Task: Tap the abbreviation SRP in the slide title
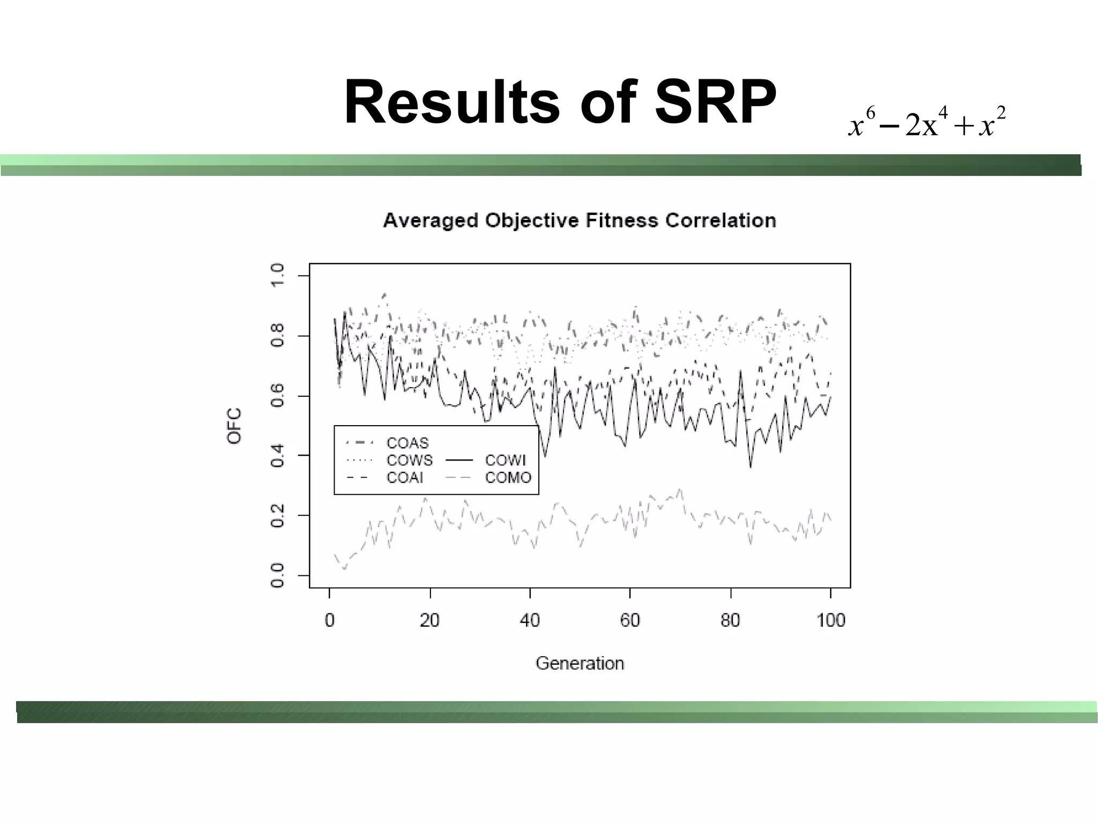click(x=715, y=102)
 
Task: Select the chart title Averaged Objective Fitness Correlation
click(x=580, y=220)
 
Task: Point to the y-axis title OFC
click(x=234, y=426)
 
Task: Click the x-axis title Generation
click(x=580, y=663)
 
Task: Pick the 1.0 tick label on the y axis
click(x=277, y=275)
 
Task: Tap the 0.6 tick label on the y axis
click(x=277, y=396)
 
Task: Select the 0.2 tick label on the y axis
click(x=277, y=515)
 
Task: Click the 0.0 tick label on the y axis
click(x=277, y=575)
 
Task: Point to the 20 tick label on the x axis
click(x=429, y=620)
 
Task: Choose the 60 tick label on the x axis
click(x=630, y=620)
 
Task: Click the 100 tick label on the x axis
click(x=830, y=620)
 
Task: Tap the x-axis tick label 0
click(x=329, y=620)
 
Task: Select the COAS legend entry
click(x=407, y=443)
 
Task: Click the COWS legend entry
click(x=409, y=460)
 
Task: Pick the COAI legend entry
click(x=405, y=477)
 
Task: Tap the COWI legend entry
click(x=505, y=460)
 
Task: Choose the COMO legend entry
click(x=508, y=477)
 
